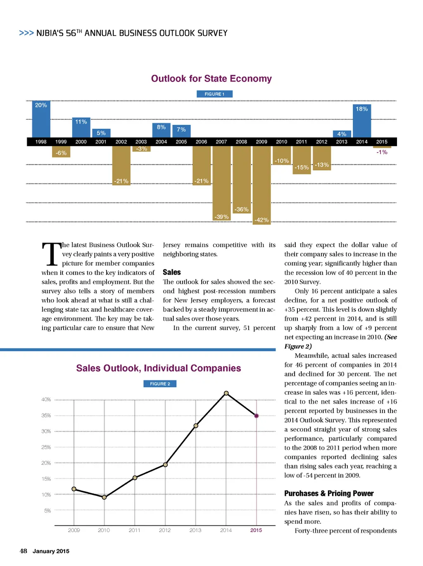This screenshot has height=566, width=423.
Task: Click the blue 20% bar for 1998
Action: click(41, 119)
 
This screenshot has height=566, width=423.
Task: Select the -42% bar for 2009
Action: click(261, 184)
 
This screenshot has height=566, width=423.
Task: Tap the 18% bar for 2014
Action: click(362, 121)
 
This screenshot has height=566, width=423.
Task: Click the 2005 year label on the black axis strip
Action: click(181, 142)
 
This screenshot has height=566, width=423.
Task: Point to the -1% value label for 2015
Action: click(382, 152)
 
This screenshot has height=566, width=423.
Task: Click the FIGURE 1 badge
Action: click(214, 94)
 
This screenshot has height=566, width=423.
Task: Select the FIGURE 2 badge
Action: click(160, 384)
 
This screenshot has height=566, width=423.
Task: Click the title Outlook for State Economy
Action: click(211, 78)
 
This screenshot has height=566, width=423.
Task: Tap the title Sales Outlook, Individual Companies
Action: click(158, 368)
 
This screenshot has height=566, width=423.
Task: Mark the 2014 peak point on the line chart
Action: click(226, 393)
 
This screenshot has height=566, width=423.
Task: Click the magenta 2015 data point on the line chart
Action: click(257, 416)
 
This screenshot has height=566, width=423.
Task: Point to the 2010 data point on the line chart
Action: click(104, 497)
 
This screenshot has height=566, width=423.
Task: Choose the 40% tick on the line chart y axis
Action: click(46, 400)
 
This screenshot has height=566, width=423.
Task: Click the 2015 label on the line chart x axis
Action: click(256, 530)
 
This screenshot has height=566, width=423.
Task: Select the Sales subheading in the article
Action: click(172, 272)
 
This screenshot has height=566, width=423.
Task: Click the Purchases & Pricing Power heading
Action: click(329, 493)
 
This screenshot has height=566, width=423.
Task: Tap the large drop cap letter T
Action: click(51, 254)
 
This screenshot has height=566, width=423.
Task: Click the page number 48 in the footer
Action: click(24, 551)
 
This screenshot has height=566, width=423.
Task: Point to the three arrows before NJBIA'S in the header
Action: click(26, 33)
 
